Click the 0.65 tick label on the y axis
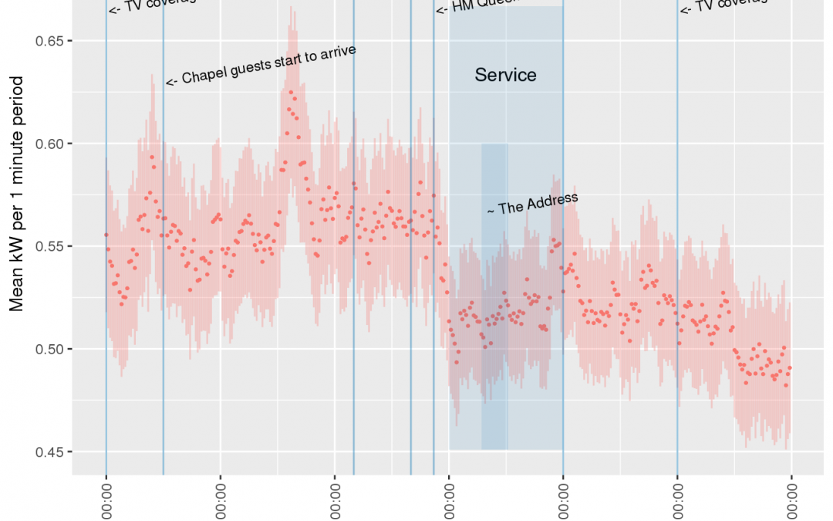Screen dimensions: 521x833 49,40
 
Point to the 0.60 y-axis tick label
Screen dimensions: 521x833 49,144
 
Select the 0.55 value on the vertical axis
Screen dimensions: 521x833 49,246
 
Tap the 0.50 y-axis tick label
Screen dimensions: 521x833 49,349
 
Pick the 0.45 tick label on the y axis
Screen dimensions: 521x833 49,452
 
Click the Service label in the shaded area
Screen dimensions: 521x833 505,75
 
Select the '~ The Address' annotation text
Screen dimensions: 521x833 532,204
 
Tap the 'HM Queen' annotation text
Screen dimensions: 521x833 478,5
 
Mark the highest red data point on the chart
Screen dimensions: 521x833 291,92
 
